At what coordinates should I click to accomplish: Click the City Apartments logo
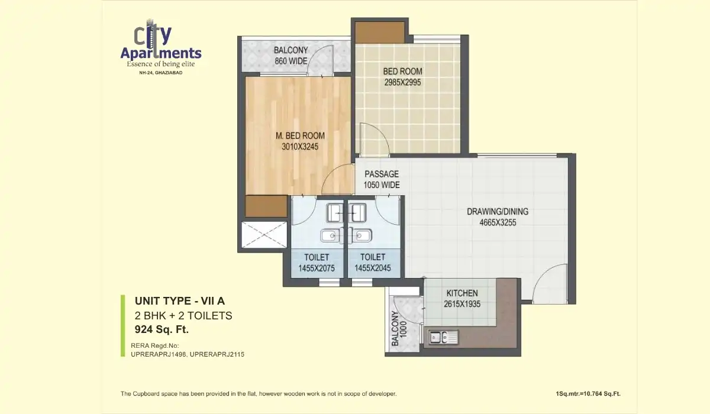click(160, 47)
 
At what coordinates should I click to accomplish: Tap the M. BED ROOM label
click(300, 135)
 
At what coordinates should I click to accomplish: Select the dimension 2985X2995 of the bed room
click(402, 83)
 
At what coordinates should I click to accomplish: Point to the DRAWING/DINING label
click(497, 212)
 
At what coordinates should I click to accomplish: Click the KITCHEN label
click(462, 293)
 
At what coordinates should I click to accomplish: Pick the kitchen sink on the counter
click(441, 338)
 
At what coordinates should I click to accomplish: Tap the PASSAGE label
click(381, 174)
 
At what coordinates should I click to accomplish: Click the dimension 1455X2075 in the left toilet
click(317, 269)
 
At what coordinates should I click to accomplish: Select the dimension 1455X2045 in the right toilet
click(373, 269)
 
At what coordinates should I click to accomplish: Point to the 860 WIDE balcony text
click(291, 61)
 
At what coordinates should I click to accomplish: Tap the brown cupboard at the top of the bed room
click(379, 32)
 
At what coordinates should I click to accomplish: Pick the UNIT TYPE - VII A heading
click(176, 300)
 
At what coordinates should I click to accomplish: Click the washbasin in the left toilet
click(328, 237)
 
